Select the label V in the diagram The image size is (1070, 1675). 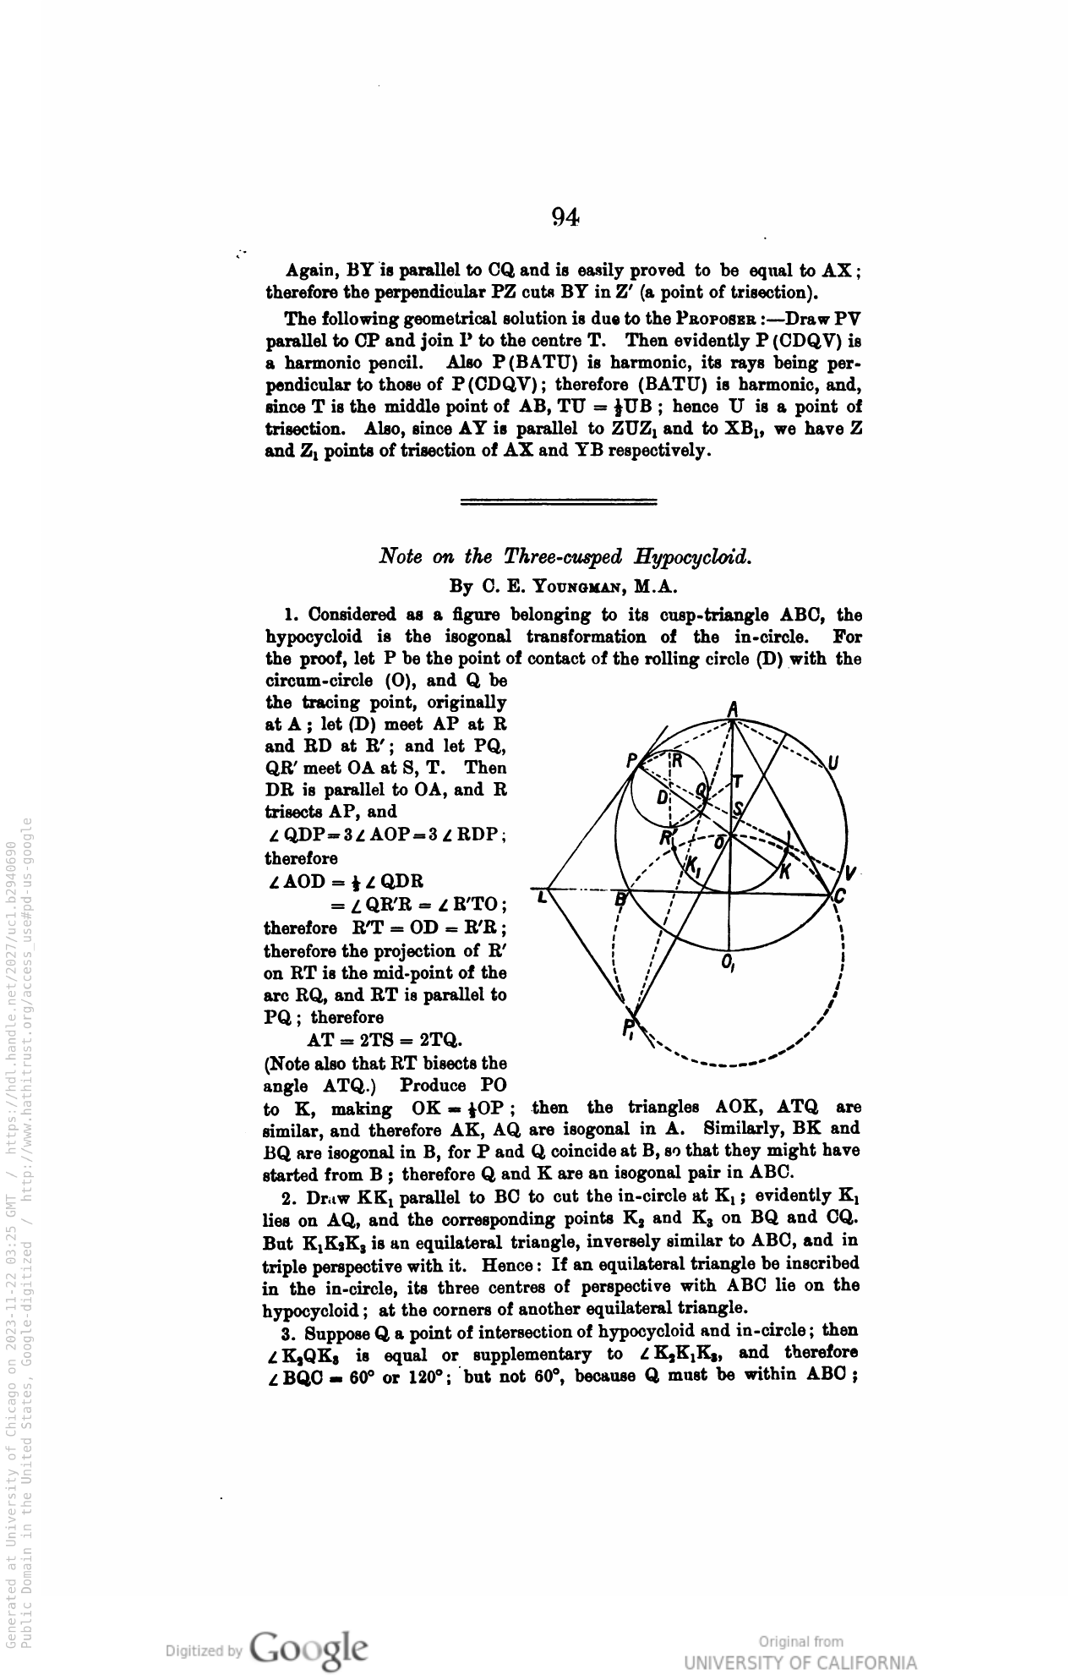(850, 873)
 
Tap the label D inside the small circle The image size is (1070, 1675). (662, 798)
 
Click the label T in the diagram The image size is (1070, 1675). (737, 781)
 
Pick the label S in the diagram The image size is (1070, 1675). (736, 808)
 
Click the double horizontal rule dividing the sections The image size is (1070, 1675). (559, 502)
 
